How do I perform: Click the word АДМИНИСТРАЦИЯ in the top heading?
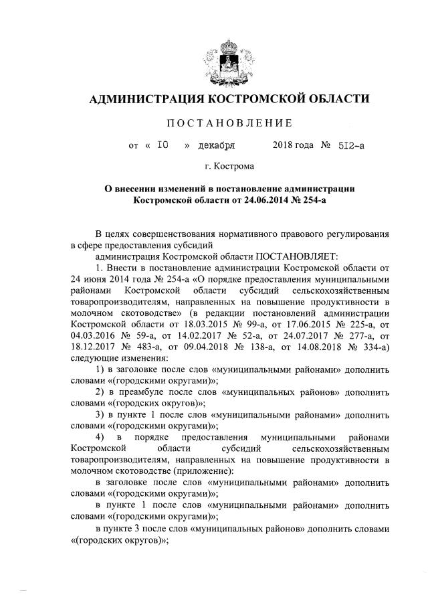[146, 100]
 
